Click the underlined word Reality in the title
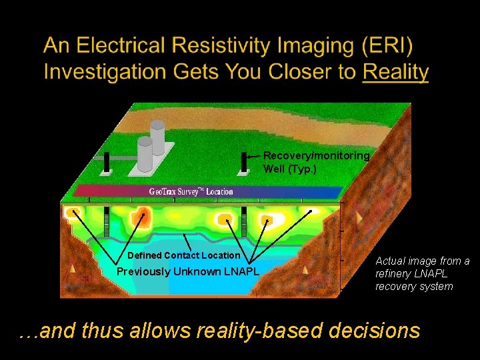tap(395, 71)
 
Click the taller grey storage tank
tap(157, 137)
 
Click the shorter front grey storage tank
tap(145, 155)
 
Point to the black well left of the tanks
tap(107, 162)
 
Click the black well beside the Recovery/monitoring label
tap(243, 162)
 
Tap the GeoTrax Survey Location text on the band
tap(191, 192)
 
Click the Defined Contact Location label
tap(183, 255)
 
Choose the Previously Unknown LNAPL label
tap(187, 271)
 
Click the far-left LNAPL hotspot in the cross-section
tap(73, 214)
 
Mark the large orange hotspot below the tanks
tap(141, 217)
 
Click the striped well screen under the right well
tap(244, 223)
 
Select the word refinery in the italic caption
tap(394, 273)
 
